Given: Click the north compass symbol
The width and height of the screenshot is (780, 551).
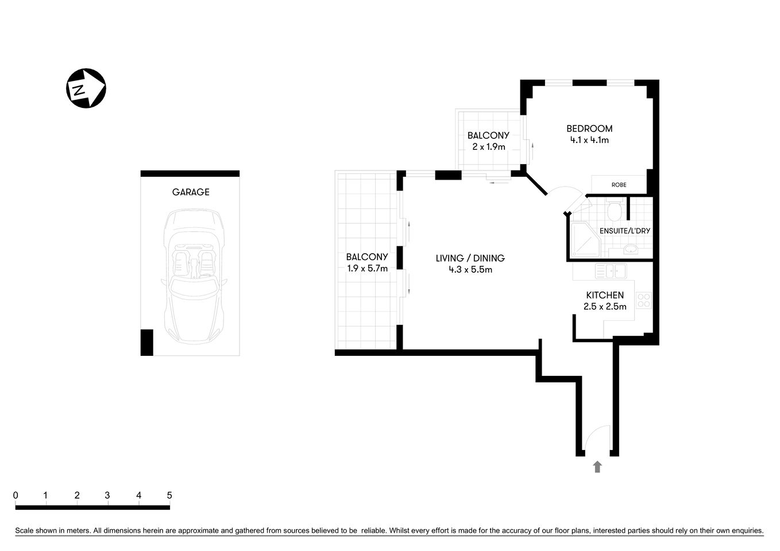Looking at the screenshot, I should (86, 88).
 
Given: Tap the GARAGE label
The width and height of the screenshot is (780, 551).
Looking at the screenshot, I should (191, 192).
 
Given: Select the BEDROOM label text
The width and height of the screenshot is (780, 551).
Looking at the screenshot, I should (589, 129).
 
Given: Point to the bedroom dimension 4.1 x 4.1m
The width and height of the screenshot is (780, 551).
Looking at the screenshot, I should (589, 140).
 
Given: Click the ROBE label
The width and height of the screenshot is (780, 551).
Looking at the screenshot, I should (619, 185).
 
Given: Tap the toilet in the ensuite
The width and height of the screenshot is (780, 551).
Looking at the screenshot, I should (614, 211).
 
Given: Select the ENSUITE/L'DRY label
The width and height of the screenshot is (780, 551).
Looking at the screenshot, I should (624, 231).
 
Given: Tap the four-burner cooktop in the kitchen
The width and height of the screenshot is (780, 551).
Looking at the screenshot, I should (644, 301).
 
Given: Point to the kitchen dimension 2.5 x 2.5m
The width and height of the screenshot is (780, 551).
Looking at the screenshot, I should (604, 306).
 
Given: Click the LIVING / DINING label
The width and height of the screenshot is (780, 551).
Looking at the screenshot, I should (470, 258).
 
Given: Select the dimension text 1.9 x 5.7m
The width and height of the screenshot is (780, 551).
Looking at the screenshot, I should (367, 268).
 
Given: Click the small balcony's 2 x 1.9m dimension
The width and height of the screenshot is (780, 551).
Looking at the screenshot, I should (488, 147).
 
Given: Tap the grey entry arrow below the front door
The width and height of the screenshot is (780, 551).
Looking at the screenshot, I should (597, 467).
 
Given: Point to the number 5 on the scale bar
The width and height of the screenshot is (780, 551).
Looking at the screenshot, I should (169, 495).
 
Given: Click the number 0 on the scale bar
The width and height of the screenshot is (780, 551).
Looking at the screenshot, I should (16, 495).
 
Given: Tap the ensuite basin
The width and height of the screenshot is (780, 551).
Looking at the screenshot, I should (631, 249).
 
